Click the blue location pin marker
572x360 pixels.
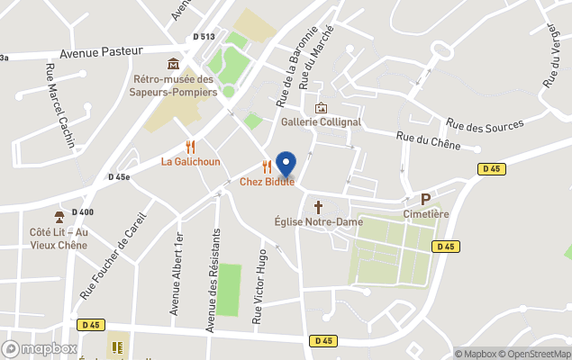[286, 164]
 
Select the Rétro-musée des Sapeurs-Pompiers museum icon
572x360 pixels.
[173, 65]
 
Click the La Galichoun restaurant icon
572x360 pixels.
[190, 146]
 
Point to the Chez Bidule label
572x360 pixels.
[267, 182]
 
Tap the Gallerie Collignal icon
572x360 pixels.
[321, 108]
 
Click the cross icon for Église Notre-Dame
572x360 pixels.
[317, 205]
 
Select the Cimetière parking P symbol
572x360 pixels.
[426, 200]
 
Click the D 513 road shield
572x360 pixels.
[204, 37]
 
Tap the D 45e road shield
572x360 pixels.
[119, 177]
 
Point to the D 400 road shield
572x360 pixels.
[82, 212]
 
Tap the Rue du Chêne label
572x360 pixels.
[428, 141]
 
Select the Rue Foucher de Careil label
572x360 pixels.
[112, 250]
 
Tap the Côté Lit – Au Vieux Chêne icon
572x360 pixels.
[59, 217]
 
